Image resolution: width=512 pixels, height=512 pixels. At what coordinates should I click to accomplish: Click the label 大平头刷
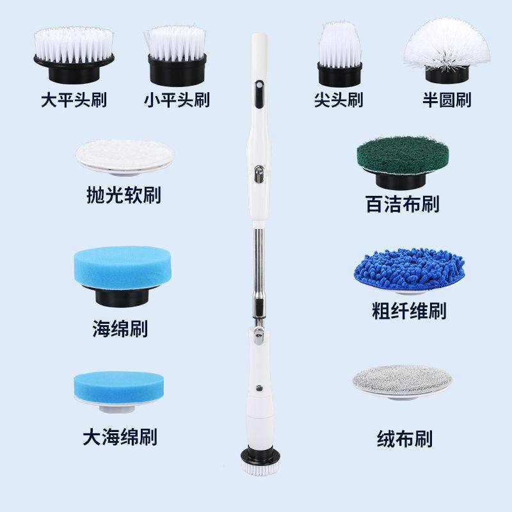[73, 100]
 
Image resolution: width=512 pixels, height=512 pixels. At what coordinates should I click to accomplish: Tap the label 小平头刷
[177, 100]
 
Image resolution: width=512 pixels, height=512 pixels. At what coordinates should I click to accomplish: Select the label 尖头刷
[339, 100]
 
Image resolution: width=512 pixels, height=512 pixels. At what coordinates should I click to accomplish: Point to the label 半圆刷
[447, 100]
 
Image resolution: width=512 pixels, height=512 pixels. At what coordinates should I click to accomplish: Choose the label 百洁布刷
[403, 204]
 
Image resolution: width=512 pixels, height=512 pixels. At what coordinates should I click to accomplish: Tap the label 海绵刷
[120, 330]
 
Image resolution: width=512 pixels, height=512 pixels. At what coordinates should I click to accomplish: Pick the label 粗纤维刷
[409, 311]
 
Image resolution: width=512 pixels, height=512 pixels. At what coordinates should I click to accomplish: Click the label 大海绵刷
[120, 437]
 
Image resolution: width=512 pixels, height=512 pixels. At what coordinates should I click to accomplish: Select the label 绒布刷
[404, 439]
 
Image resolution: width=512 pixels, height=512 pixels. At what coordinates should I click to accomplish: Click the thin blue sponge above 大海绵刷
[120, 386]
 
